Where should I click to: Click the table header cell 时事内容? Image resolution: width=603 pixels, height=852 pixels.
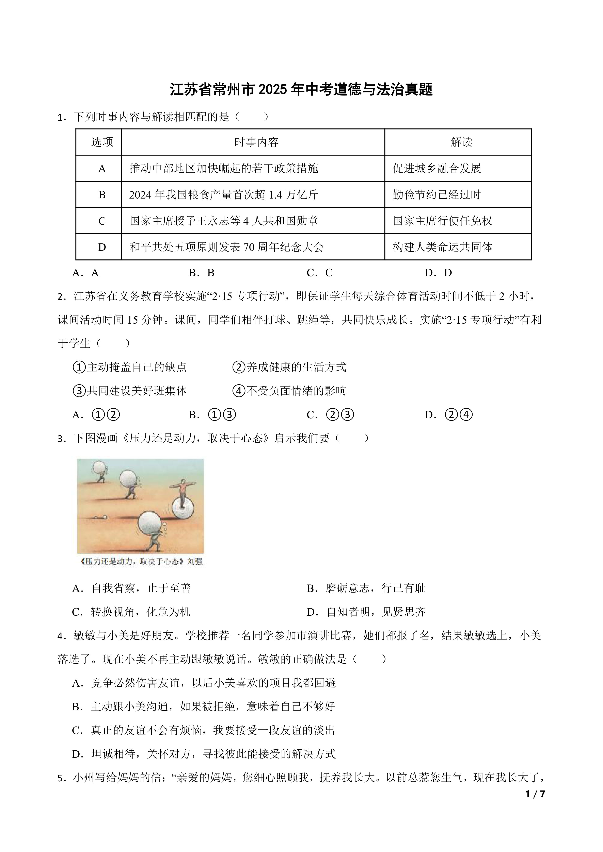(256, 142)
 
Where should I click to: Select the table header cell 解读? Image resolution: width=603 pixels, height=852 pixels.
(461, 142)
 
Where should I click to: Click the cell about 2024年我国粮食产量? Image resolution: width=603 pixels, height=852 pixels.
(224, 195)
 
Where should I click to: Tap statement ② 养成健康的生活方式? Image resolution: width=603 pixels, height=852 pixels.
(290, 367)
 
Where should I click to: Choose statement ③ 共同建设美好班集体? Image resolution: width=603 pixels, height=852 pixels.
(130, 391)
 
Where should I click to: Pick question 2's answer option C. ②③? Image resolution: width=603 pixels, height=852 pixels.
(330, 414)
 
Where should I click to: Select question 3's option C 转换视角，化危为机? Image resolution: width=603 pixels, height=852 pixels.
(131, 612)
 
